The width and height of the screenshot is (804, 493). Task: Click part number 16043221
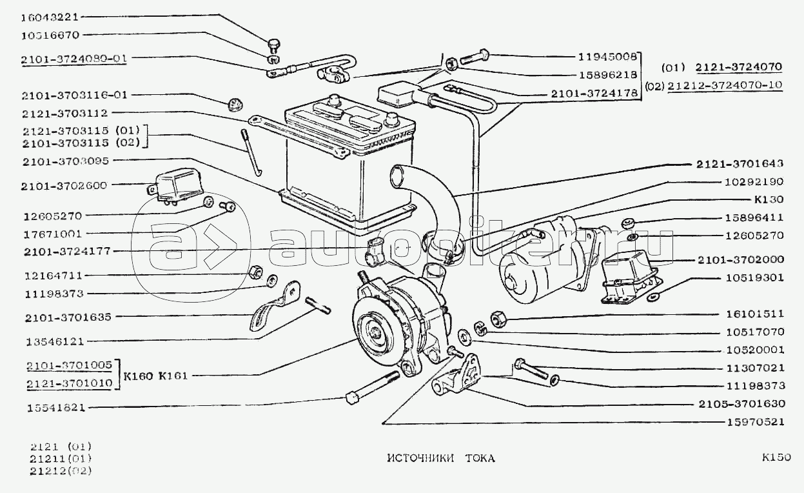point(50,17)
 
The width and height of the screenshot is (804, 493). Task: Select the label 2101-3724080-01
point(74,59)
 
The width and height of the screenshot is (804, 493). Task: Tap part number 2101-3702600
point(64,186)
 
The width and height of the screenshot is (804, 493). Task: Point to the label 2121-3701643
point(740,164)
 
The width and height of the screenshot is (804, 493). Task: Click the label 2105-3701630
point(742,404)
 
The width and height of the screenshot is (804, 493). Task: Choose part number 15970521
point(756,422)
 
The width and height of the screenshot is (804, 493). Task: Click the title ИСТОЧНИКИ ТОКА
point(441,458)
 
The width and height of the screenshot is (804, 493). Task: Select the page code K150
point(776,458)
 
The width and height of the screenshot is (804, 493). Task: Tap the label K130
point(769,199)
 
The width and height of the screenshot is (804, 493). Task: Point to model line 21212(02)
point(61,470)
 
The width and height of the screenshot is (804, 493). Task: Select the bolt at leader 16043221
point(273,46)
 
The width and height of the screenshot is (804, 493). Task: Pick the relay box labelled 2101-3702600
point(175,188)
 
